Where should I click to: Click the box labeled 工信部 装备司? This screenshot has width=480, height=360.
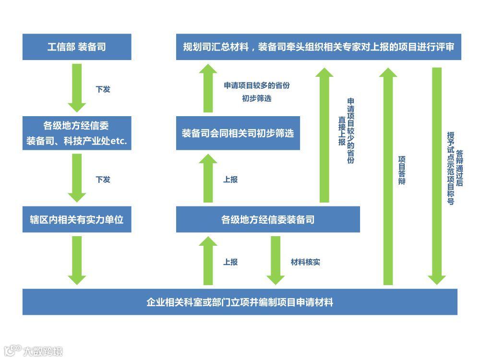pyautogui.click(x=77, y=47)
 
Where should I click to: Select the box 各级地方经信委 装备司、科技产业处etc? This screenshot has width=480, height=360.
pyautogui.click(x=77, y=132)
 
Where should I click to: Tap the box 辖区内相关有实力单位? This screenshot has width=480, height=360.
pyautogui.click(x=77, y=219)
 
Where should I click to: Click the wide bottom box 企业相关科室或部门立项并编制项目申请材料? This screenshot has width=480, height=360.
pyautogui.click(x=240, y=302)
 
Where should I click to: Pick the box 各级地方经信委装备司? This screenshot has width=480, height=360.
pyautogui.click(x=268, y=219)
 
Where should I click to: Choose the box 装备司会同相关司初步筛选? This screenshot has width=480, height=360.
pyautogui.click(x=238, y=133)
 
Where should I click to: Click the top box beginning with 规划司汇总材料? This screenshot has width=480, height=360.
pyautogui.click(x=318, y=47)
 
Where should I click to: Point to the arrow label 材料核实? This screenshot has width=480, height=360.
pyautogui.click(x=305, y=262)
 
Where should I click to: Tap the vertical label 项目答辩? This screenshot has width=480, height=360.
pyautogui.click(x=402, y=170)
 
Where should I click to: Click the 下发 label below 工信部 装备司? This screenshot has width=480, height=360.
pyautogui.click(x=103, y=89)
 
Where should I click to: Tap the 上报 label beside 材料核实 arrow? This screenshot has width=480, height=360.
pyautogui.click(x=230, y=262)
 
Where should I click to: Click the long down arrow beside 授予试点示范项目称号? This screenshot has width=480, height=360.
pyautogui.click(x=437, y=176)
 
